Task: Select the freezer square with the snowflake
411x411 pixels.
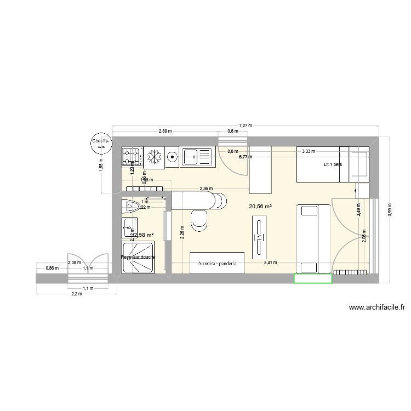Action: click(x=153, y=157)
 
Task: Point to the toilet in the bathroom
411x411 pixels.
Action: click(x=132, y=208)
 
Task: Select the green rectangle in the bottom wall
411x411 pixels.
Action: click(x=313, y=278)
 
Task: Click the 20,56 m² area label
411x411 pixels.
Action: click(x=261, y=207)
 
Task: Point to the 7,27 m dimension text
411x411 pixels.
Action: click(x=245, y=125)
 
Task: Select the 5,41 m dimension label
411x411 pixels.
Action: click(x=271, y=263)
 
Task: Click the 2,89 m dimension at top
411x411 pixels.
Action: click(x=165, y=131)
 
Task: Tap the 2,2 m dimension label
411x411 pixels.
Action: click(x=76, y=294)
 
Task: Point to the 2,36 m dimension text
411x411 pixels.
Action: click(x=207, y=189)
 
